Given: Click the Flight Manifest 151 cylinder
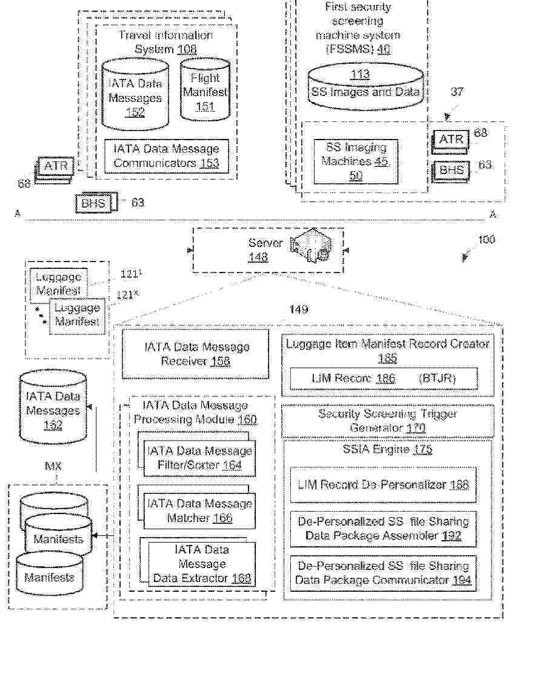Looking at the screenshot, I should [205, 92].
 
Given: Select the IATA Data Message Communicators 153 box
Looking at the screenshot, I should [166, 156].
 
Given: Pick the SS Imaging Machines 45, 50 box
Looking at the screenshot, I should [355, 161].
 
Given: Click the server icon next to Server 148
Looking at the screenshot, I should [311, 246].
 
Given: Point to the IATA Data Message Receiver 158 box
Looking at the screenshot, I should [195, 354].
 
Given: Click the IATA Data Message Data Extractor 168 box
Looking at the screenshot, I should [202, 563].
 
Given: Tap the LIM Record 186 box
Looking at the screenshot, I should [387, 379].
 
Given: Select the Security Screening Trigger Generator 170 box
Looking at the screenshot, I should [387, 421].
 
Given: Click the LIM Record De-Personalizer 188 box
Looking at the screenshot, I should [383, 484].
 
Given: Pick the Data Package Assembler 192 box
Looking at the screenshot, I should [383, 529].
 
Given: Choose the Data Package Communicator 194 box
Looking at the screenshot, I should [383, 573].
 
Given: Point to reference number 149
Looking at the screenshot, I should [298, 310].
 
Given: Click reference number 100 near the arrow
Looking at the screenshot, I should [486, 240].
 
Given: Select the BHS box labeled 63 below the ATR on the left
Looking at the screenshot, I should [94, 203].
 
